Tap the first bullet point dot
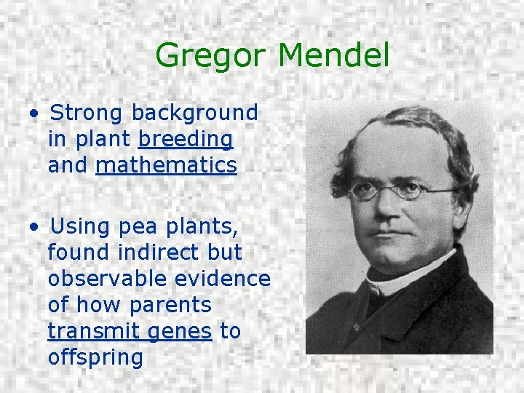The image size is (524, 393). pyautogui.click(x=34, y=114)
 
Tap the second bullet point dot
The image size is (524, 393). pyautogui.click(x=34, y=228)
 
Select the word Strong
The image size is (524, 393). pyautogui.click(x=87, y=113)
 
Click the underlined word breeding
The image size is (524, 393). pyautogui.click(x=185, y=139)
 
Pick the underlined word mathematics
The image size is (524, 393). pyautogui.click(x=166, y=165)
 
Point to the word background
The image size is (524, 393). pyautogui.click(x=194, y=113)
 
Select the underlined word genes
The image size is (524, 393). pyautogui.click(x=179, y=331)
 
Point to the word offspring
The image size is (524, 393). pyautogui.click(x=95, y=357)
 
